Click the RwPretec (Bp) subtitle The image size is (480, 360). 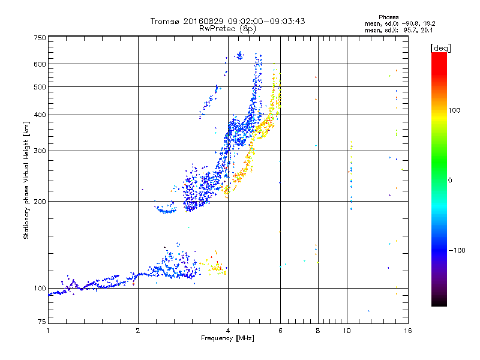tap(228, 28)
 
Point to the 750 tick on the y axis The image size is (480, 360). tap(40, 38)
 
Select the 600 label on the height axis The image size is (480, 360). tap(40, 64)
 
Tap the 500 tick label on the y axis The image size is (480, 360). tap(40, 87)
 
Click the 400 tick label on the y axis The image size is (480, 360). tap(40, 115)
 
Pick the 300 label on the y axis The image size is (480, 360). tap(40, 151)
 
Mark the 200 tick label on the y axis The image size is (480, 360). tap(40, 201)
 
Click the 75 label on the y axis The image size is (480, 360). tap(41, 324)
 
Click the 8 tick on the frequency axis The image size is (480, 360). tap(318, 331)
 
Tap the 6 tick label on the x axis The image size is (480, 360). tap(280, 331)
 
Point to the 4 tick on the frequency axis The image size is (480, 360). tap(228, 331)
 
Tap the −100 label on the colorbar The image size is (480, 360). tap(457, 250)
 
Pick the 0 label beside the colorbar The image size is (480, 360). tap(452, 180)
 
